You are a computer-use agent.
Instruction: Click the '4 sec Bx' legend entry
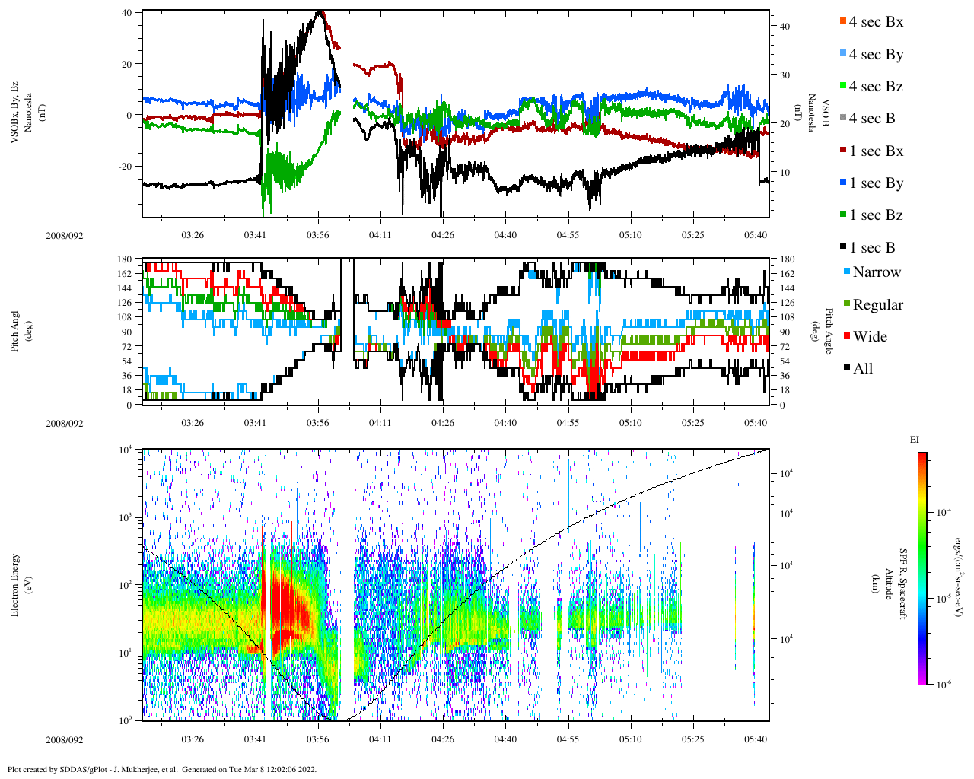[x=875, y=22]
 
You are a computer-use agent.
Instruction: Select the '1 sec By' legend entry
[x=875, y=183]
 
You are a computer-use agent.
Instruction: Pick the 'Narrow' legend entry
[x=876, y=272]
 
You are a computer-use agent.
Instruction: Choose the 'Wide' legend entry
[x=869, y=337]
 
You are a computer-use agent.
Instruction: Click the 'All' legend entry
[x=862, y=369]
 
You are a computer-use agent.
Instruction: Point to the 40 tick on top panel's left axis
[x=126, y=13]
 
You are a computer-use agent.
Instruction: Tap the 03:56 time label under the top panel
[x=318, y=235]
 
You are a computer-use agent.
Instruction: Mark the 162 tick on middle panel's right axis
[x=787, y=274]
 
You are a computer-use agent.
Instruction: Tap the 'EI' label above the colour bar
[x=914, y=440]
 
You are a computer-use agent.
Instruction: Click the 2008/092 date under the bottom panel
[x=64, y=739]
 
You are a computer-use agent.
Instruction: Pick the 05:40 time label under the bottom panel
[x=756, y=739]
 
